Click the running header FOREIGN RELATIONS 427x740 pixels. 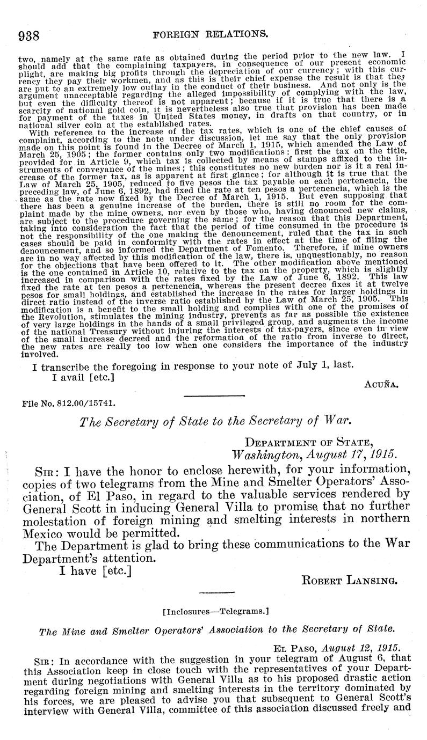pyautogui.click(x=211, y=35)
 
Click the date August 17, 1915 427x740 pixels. pyautogui.click(x=314, y=453)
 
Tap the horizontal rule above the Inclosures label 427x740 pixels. pyautogui.click(x=214, y=593)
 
